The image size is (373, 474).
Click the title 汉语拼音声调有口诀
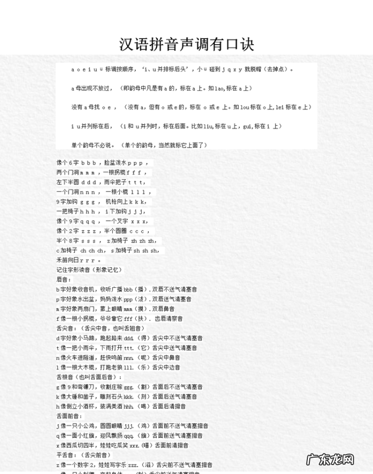click(x=186, y=44)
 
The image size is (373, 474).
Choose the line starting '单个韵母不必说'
click(x=139, y=145)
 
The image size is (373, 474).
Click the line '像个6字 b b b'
click(x=102, y=163)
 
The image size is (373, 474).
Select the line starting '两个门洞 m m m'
click(x=101, y=172)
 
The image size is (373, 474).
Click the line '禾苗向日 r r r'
click(x=80, y=260)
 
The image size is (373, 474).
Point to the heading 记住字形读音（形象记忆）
click(x=89, y=270)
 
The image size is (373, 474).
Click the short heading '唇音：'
click(x=64, y=280)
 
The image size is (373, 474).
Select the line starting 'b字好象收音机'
click(x=127, y=289)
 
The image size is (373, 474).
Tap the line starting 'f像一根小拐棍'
click(x=120, y=318)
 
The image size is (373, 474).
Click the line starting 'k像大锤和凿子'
click(x=127, y=396)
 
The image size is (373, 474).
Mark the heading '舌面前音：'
click(x=70, y=416)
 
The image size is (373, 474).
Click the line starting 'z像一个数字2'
click(x=134, y=465)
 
